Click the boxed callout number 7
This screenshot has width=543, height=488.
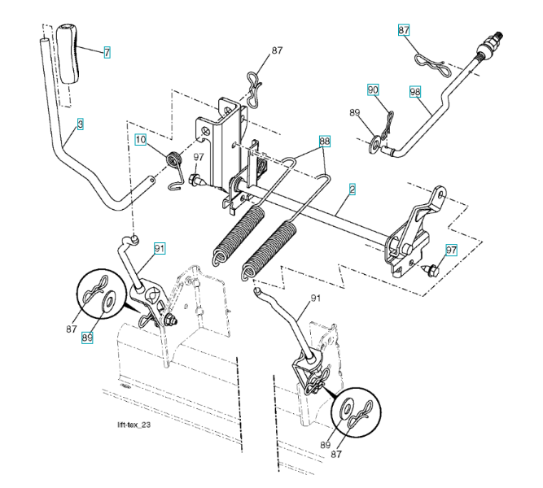tap(107, 51)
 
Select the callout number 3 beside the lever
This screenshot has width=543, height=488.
tap(81, 124)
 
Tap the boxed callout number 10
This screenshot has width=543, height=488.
tap(141, 140)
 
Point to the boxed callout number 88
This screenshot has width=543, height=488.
tap(325, 141)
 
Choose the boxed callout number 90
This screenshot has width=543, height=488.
tap(373, 90)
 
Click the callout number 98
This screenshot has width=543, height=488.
tap(415, 92)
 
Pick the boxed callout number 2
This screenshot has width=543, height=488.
tap(352, 189)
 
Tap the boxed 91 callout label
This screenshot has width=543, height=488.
tap(160, 247)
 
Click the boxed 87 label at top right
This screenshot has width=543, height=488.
tap(405, 30)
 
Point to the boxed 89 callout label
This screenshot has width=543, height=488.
tap(87, 336)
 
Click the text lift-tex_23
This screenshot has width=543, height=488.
tap(133, 425)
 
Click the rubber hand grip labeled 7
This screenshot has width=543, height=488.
tap(68, 54)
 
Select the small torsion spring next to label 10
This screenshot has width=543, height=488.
tap(173, 159)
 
